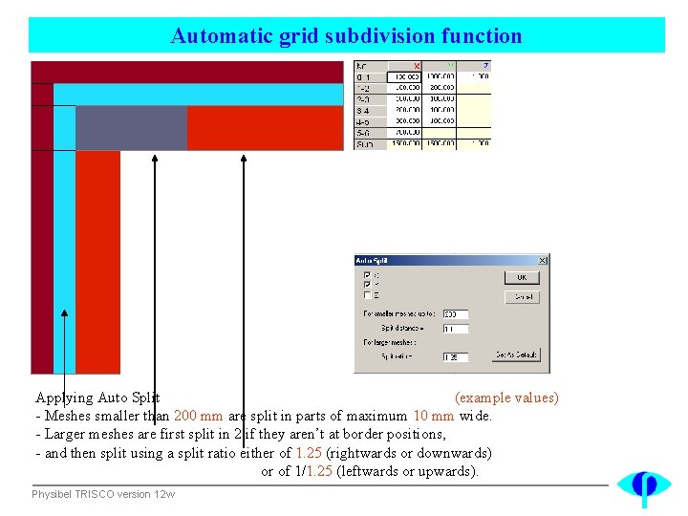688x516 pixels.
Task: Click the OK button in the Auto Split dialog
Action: coord(522,277)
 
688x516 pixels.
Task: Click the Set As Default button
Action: coord(517,355)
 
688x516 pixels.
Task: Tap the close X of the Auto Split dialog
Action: coord(542,260)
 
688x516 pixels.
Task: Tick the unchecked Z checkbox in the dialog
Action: coord(368,295)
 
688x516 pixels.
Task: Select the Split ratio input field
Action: coord(455,356)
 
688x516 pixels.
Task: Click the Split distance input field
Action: coord(455,328)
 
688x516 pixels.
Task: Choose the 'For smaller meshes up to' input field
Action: coord(455,313)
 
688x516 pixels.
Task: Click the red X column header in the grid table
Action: coord(417,66)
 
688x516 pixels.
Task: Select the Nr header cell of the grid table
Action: coord(369,66)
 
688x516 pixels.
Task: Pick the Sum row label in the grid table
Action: coord(369,143)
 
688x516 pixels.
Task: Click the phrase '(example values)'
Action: coord(506,398)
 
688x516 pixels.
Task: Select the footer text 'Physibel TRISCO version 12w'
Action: coord(103,494)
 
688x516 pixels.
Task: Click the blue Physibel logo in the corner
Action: coord(643,486)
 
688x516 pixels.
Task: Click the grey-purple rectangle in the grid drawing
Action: coord(131,128)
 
